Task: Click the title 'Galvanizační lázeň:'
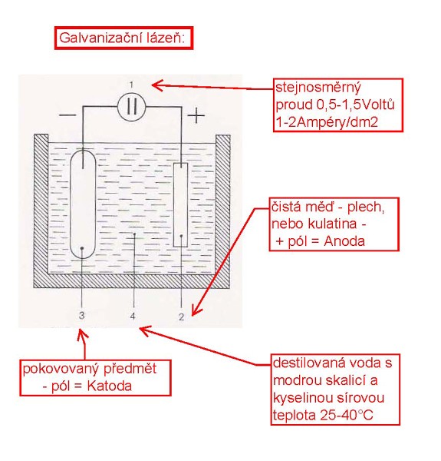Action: [122, 38]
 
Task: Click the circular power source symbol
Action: [131, 107]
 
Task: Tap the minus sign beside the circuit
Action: [67, 114]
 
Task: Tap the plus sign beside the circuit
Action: [196, 115]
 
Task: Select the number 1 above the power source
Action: [131, 85]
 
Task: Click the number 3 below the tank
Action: [81, 315]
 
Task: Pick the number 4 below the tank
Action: [133, 316]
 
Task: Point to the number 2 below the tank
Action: [181, 317]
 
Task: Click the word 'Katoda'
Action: [110, 386]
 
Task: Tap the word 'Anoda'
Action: [344, 241]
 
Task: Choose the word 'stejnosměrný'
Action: [318, 88]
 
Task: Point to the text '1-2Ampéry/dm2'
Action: [327, 122]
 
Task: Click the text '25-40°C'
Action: [347, 415]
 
